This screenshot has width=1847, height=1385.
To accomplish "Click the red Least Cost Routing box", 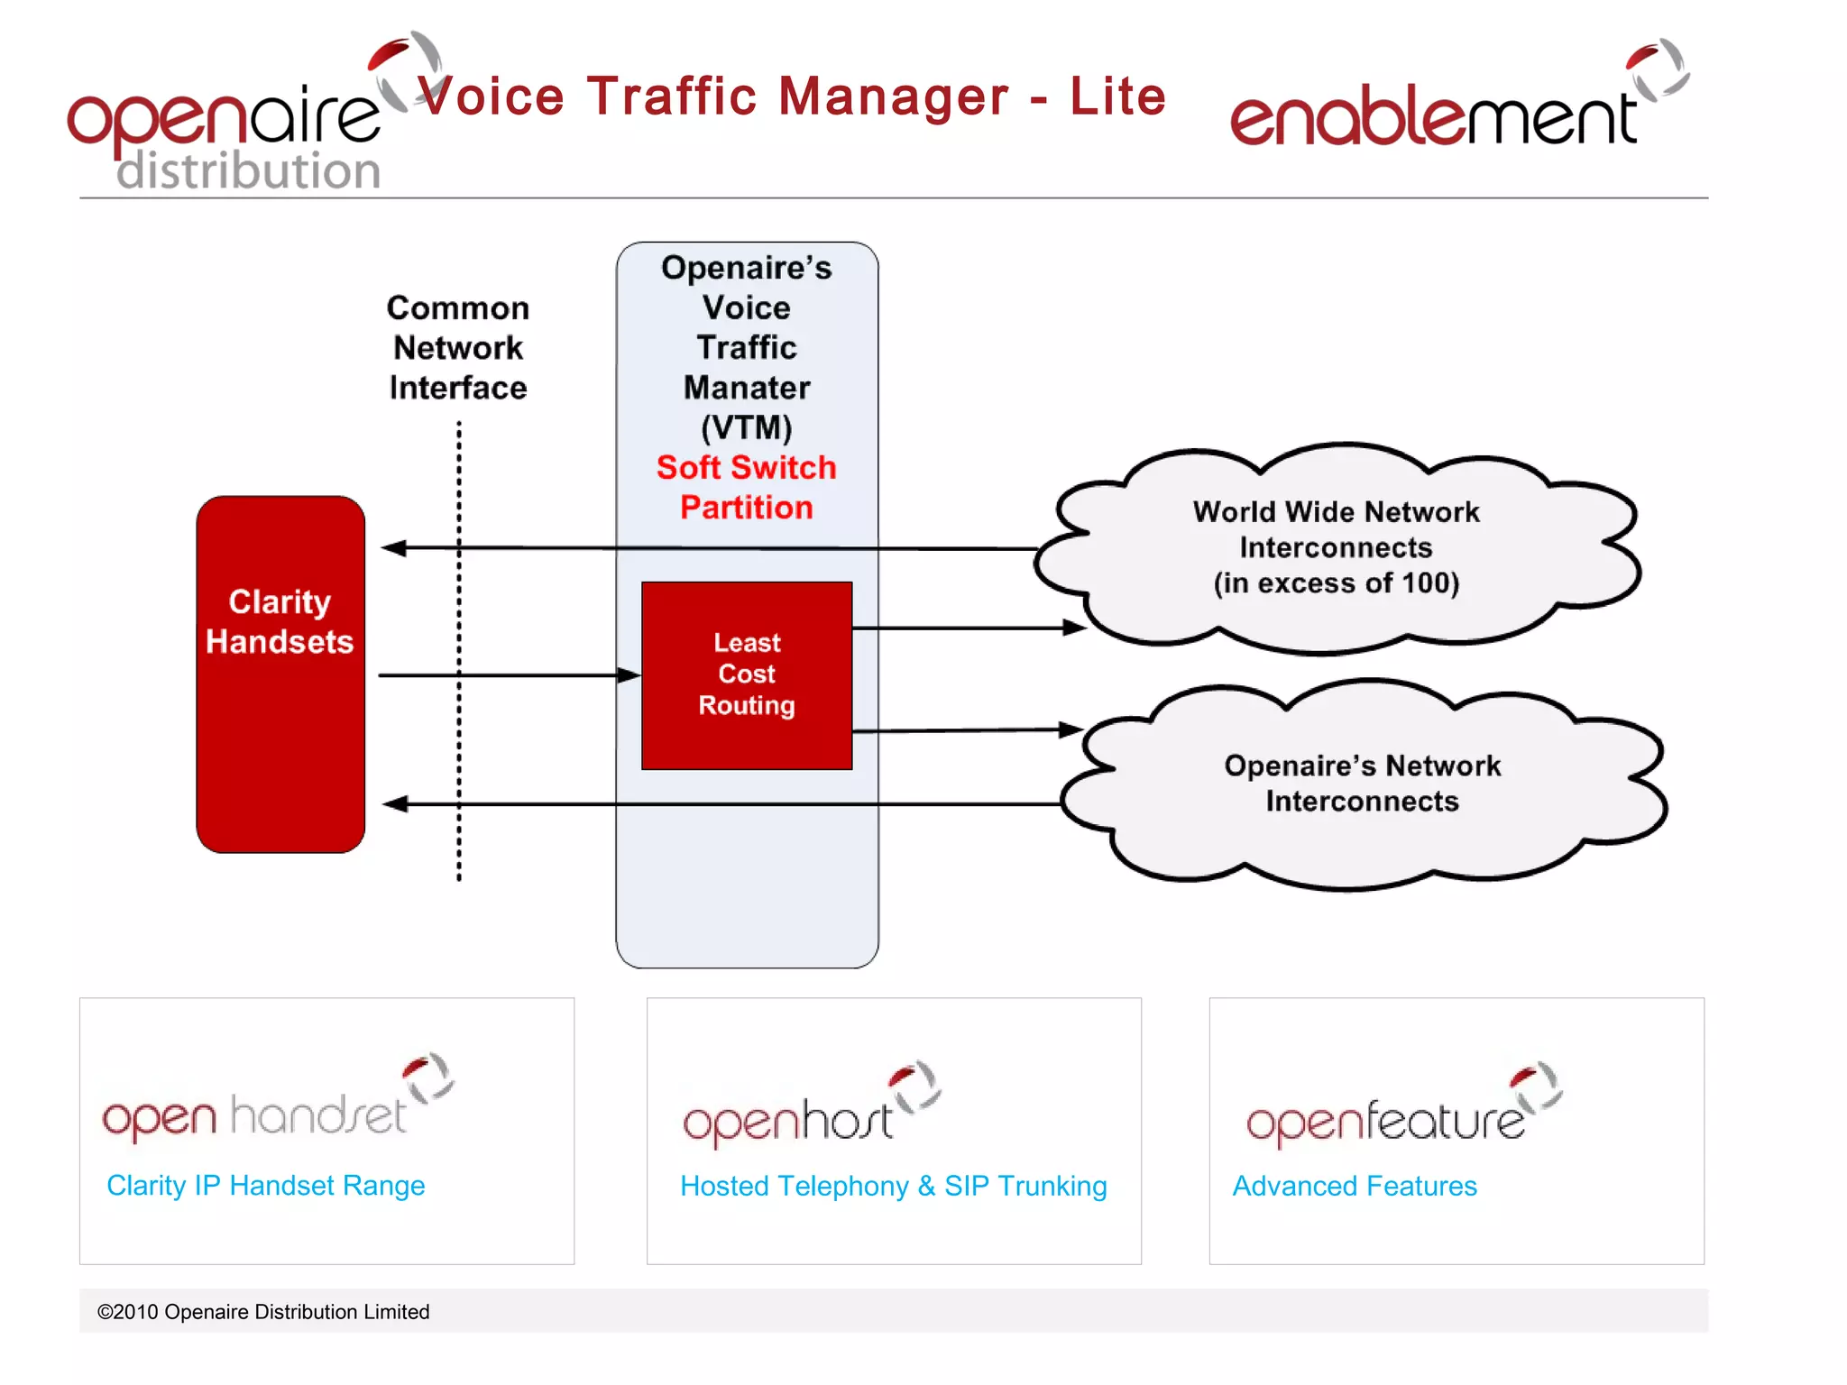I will click(x=746, y=674).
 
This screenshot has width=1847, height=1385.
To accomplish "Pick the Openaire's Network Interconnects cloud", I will click(x=1362, y=784).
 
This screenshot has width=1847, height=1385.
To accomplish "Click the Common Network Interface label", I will click(x=458, y=348).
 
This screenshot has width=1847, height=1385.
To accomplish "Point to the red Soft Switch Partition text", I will click(x=746, y=487).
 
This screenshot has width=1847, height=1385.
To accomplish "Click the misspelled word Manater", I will click(x=746, y=388).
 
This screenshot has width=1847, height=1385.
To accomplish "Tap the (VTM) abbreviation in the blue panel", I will click(x=746, y=427).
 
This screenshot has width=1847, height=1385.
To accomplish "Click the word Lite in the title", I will click(x=1117, y=96).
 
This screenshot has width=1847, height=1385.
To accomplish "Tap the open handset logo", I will click(x=271, y=1105).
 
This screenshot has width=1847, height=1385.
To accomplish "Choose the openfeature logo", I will click(x=1398, y=1109).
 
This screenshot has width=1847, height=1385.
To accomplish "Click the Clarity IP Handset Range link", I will click(x=265, y=1185).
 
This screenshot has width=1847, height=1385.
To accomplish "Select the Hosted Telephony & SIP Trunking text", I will click(x=893, y=1186).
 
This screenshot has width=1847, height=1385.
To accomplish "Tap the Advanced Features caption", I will click(x=1354, y=1186).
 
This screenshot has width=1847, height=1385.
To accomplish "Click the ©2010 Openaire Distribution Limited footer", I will click(x=263, y=1312).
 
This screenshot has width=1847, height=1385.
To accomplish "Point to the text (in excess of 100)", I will click(x=1336, y=583).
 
